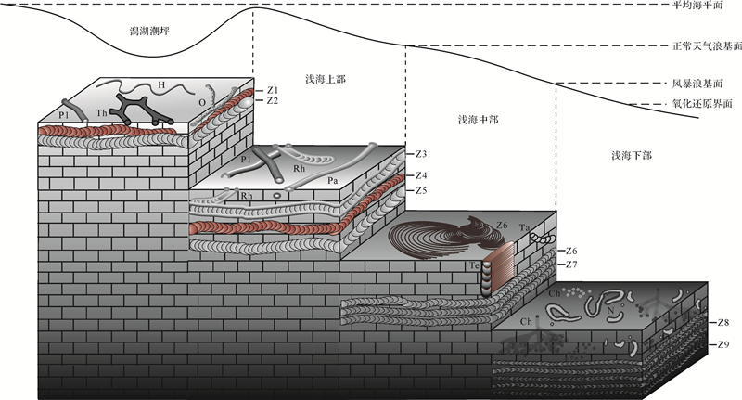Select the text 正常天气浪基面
(706, 45)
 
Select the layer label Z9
(723, 345)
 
